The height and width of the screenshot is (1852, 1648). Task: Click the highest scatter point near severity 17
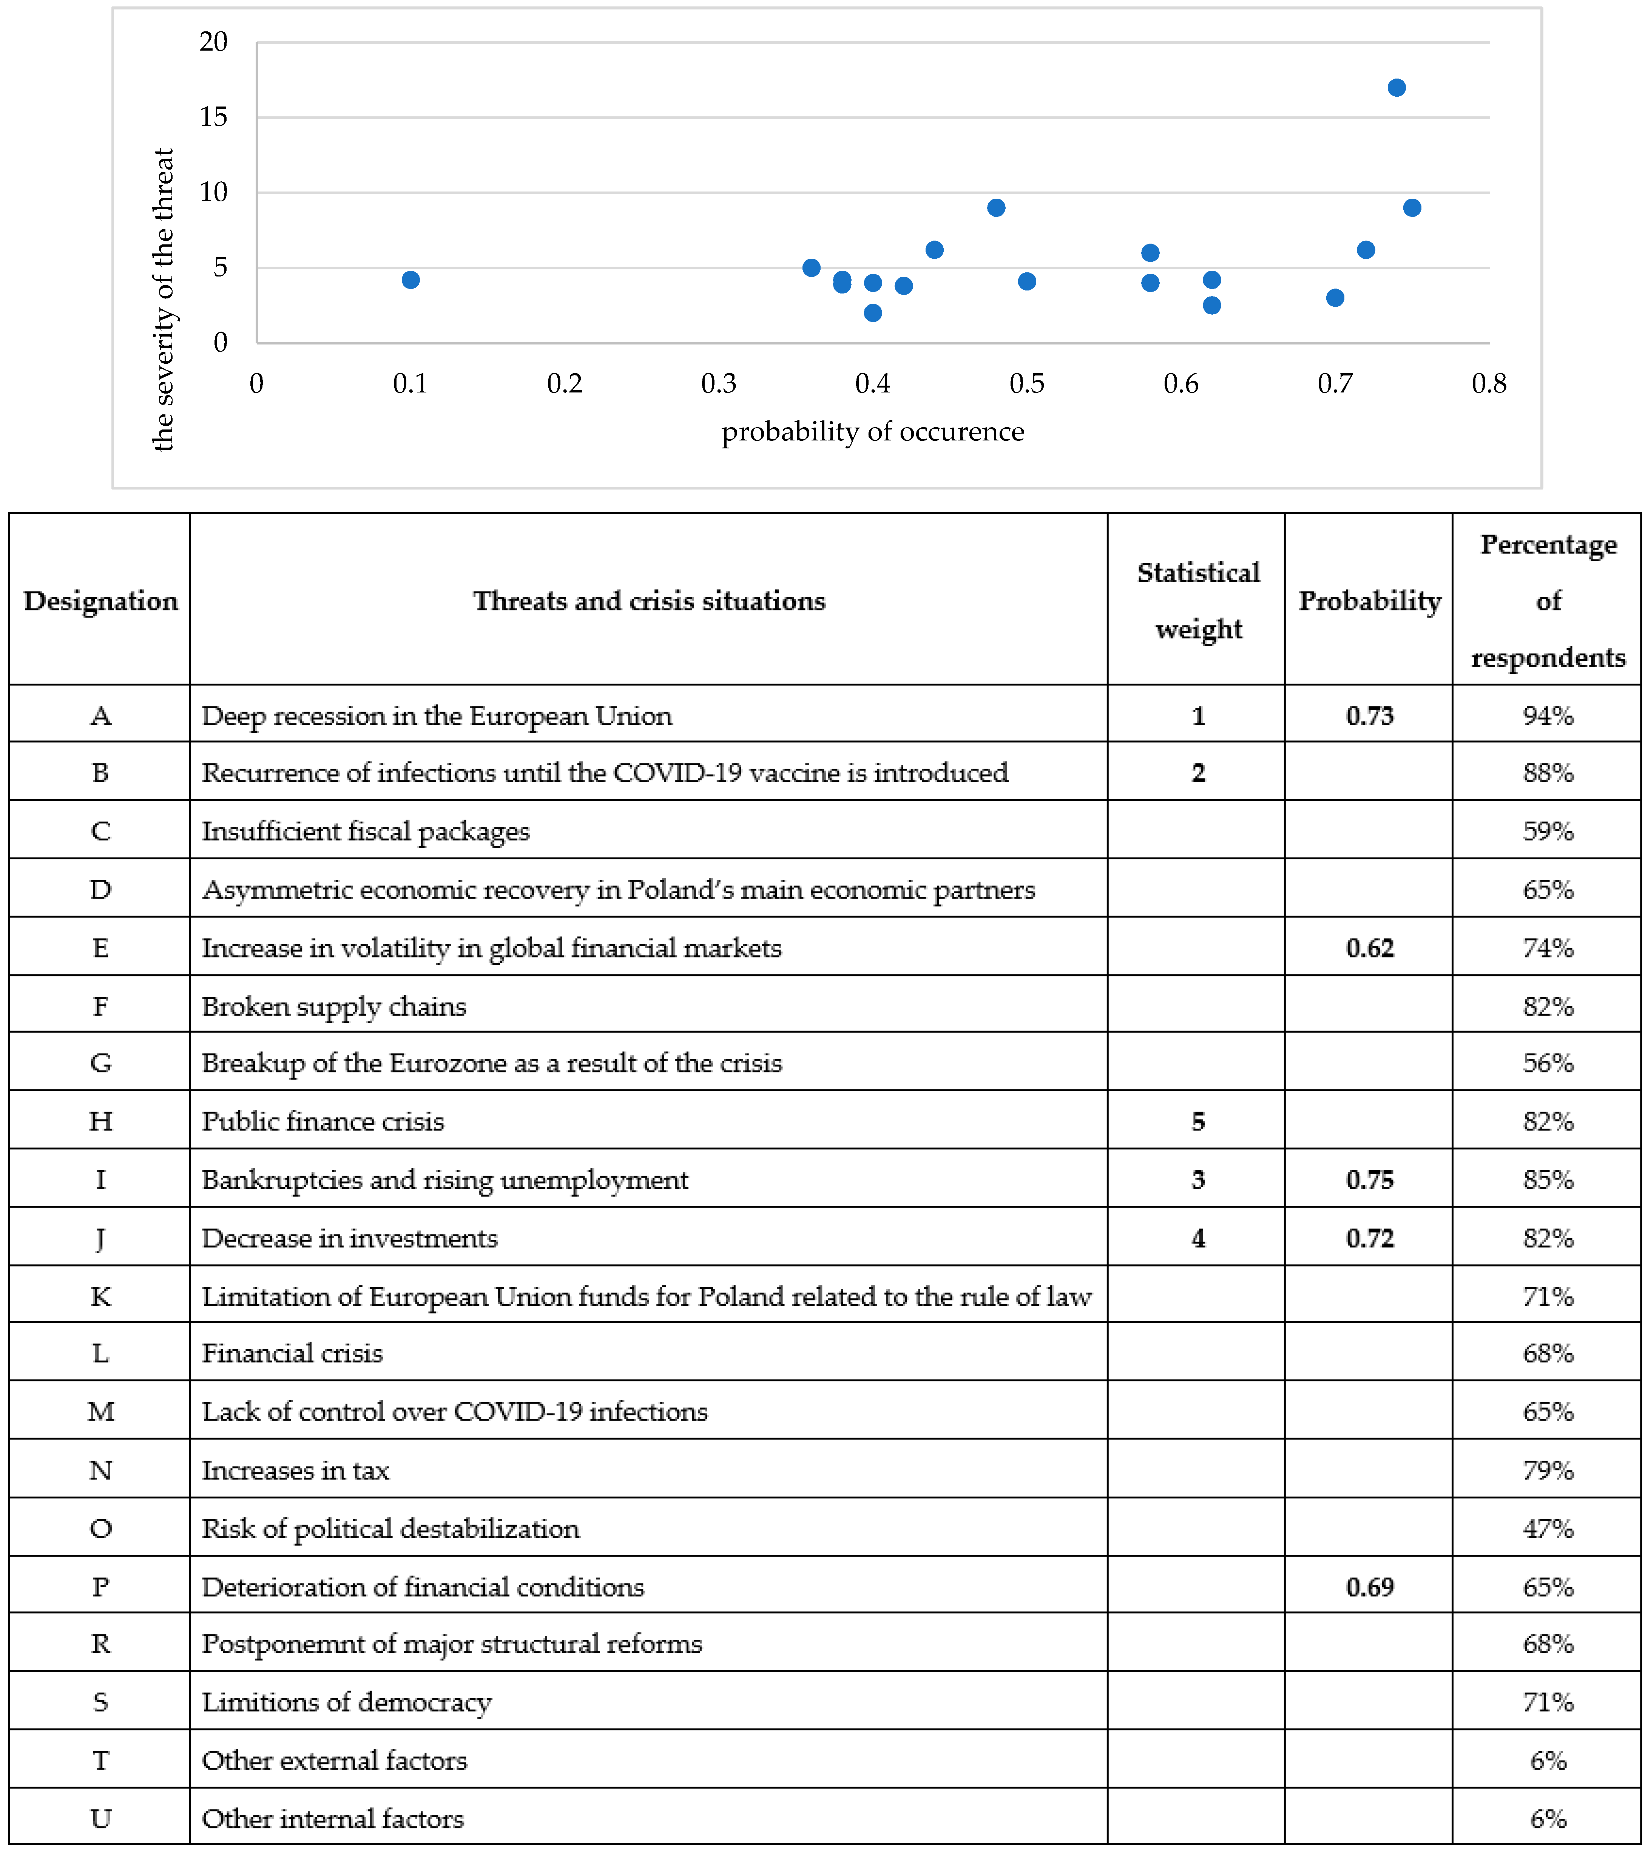tap(1396, 88)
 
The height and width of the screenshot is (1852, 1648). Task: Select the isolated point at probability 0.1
tap(410, 280)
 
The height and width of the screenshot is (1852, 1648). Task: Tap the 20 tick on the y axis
tap(214, 42)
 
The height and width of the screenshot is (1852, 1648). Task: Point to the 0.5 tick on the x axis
tap(1026, 383)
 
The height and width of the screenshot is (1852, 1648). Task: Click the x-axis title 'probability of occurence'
tap(872, 431)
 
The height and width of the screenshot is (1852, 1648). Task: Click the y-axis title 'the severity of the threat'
tap(163, 299)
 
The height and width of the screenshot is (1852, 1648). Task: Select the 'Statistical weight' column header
tap(1198, 600)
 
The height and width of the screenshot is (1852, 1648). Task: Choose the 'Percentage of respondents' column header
tap(1548, 600)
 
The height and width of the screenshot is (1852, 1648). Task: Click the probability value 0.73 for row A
tap(1369, 716)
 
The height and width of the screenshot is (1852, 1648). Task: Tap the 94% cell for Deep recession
tap(1548, 716)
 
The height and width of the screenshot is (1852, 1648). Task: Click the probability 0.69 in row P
tap(1369, 1586)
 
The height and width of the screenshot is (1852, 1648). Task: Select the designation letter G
tap(100, 1063)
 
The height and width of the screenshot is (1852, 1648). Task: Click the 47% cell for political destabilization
tap(1548, 1529)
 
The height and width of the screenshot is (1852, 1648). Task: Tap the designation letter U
tap(100, 1818)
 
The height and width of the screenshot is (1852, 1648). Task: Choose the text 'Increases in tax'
tap(295, 1470)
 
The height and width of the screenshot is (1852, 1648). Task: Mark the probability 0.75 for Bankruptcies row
tap(1369, 1180)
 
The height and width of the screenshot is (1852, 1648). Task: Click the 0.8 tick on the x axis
tap(1489, 383)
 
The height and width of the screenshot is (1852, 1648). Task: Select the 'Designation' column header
tap(100, 600)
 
